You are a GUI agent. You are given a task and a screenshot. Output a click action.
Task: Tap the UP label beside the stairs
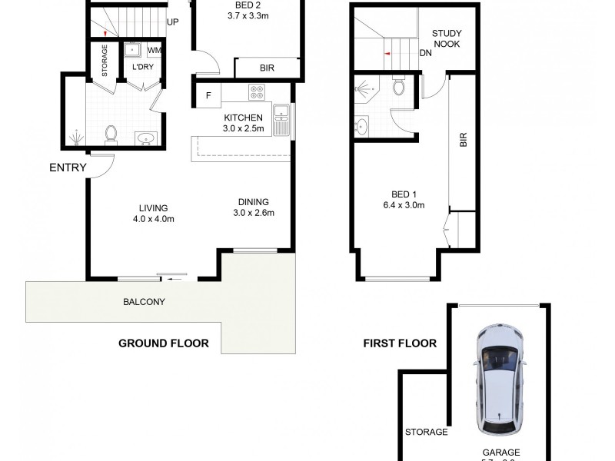pyautogui.click(x=173, y=22)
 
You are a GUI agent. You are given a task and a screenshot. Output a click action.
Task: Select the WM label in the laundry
pyautogui.click(x=154, y=51)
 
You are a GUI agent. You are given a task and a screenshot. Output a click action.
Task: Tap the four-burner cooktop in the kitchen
pyautogui.click(x=257, y=94)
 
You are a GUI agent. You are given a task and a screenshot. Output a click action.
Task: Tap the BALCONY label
pyautogui.click(x=144, y=302)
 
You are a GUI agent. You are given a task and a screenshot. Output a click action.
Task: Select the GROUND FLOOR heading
pyautogui.click(x=163, y=343)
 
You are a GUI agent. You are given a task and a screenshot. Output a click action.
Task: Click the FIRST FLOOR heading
pyautogui.click(x=400, y=343)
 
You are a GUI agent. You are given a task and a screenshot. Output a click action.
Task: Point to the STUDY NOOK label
pyautogui.click(x=446, y=38)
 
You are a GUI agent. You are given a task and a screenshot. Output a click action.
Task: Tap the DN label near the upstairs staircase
pyautogui.click(x=425, y=54)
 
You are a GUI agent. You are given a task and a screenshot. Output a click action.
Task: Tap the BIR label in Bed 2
pyautogui.click(x=267, y=68)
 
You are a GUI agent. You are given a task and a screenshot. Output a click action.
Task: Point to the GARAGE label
pyautogui.click(x=500, y=453)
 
